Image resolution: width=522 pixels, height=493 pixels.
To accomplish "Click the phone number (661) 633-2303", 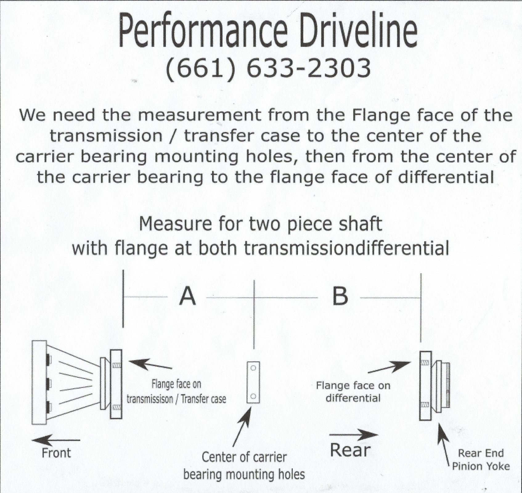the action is pos(268,68).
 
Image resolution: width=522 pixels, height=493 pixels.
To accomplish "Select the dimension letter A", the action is pos(188,296).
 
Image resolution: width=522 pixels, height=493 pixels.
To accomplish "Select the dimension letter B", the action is pos(340,296).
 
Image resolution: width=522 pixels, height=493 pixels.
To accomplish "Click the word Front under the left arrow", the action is pos(56,453).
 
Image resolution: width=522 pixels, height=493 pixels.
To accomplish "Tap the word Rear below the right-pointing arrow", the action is pos(350,450).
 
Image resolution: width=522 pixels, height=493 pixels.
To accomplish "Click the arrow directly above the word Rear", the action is pos(353,434).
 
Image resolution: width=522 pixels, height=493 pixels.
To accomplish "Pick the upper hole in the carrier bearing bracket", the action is pos(253,368).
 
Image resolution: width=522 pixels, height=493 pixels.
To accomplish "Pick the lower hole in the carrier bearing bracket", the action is pos(253,397).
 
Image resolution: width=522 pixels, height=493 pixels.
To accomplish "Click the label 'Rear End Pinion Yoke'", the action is pos(481,459).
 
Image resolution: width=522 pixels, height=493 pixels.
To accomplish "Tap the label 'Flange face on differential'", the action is pos(353,392).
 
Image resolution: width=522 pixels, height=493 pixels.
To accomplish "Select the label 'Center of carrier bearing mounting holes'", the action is pos(244,466).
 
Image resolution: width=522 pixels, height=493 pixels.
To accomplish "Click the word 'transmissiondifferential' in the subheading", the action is pos(346,248).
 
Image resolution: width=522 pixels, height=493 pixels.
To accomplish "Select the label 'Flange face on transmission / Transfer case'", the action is pos(176,392).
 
